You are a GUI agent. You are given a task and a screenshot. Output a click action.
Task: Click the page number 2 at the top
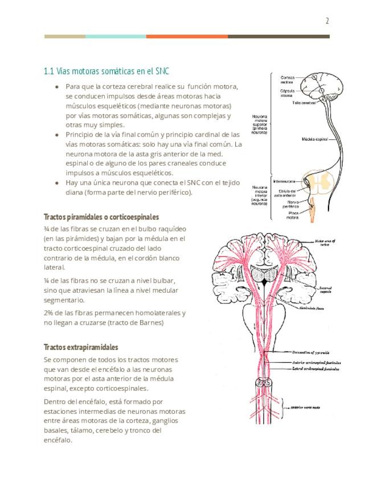point(327,22)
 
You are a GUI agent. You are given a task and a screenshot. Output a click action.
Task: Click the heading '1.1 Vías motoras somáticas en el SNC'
point(106,72)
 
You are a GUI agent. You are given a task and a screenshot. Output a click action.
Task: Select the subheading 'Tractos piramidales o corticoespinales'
point(101,217)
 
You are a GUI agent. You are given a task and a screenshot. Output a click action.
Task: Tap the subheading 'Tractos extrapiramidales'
point(81,347)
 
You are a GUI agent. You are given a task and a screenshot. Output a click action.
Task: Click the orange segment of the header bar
point(187,36)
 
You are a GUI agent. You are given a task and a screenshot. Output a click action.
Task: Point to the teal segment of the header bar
point(116,36)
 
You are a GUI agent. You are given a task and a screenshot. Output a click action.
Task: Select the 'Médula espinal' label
point(314,139)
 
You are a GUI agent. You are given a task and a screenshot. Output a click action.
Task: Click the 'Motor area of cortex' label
point(326,243)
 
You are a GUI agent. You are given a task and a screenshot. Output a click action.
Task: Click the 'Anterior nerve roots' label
point(308,408)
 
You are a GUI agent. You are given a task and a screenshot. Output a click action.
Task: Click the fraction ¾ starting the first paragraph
point(46,228)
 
